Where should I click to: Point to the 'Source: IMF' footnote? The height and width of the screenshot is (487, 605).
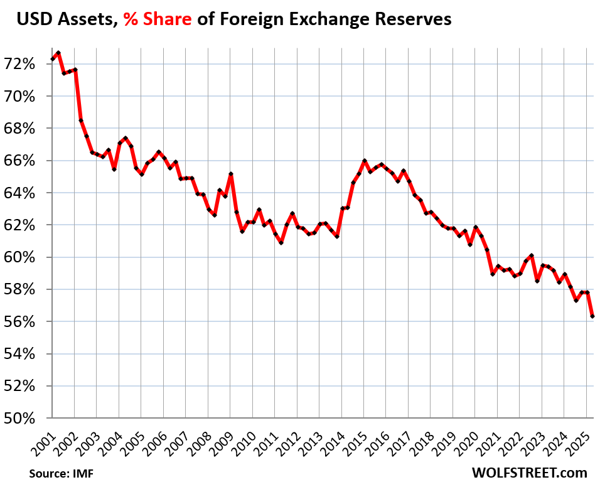click(x=56, y=473)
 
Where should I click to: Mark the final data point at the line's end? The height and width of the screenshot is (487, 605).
click(x=592, y=316)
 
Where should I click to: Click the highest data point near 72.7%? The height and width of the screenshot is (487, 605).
click(x=58, y=53)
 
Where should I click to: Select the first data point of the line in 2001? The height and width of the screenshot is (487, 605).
click(x=52, y=59)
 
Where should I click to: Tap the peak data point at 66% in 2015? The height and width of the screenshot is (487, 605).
click(x=364, y=161)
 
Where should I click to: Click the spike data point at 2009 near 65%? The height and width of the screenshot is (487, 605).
click(x=231, y=174)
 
